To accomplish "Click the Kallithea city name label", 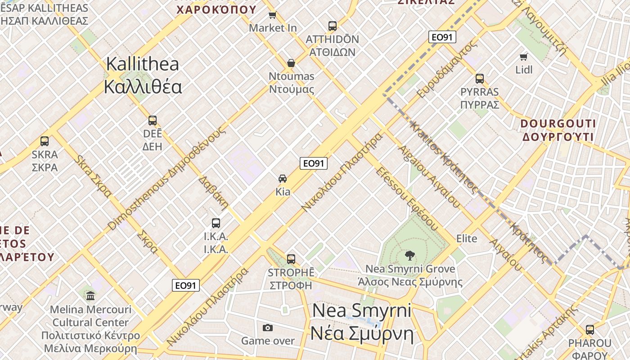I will [x=143, y=75].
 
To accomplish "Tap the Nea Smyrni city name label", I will [x=362, y=322].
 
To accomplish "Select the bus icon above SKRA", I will [x=45, y=141].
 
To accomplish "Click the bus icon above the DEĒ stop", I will [x=153, y=121].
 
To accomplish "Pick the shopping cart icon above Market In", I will [x=272, y=15].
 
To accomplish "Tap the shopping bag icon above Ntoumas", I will [x=291, y=63].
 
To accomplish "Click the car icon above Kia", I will [x=283, y=179].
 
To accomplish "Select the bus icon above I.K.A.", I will [x=216, y=223].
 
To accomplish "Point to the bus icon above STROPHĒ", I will [x=291, y=259].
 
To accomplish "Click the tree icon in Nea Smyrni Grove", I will [x=409, y=256].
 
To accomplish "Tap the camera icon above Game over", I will [x=268, y=328].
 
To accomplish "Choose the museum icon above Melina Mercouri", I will [x=90, y=296].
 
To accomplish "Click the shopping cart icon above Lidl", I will [x=523, y=57].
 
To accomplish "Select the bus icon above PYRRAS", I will [x=480, y=79].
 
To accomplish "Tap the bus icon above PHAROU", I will [x=589, y=329].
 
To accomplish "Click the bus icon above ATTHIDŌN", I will [x=333, y=26].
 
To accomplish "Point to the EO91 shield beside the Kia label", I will [x=314, y=163].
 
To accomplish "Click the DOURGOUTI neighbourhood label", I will [x=558, y=130].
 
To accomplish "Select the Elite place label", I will [x=467, y=238].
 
